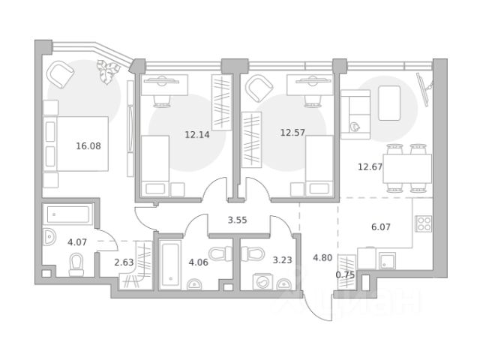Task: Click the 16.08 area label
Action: point(88,146)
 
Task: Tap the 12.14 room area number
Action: point(197,134)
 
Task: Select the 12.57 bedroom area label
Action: point(292,133)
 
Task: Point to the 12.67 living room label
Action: point(370,166)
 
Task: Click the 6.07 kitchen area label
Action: point(381,226)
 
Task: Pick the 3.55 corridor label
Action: point(237,220)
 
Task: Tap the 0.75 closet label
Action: point(345,275)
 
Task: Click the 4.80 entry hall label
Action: point(322,258)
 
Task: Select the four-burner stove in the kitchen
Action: point(423,223)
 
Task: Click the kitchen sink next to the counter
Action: point(387,260)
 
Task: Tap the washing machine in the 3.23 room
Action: point(261,282)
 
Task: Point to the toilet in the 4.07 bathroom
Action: point(76,265)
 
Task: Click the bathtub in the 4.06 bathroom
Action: point(170,265)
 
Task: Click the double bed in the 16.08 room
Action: point(76,143)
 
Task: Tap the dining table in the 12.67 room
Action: point(407,168)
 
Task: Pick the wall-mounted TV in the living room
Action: point(422,89)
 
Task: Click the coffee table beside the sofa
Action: point(389,103)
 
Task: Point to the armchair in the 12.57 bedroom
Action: point(259,88)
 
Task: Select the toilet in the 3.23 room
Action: point(253,253)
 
